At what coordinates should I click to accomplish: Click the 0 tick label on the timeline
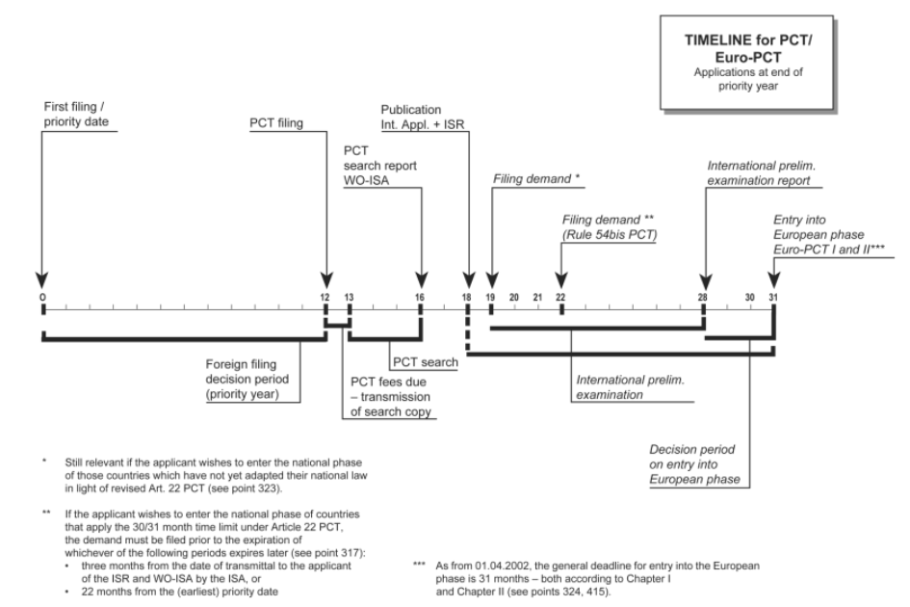click(x=42, y=297)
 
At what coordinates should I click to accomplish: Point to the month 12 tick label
click(x=325, y=297)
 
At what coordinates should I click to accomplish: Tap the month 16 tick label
click(x=420, y=297)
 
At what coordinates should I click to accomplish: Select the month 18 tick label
click(x=467, y=297)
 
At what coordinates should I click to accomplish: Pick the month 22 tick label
click(x=560, y=297)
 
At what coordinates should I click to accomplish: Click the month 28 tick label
click(x=702, y=297)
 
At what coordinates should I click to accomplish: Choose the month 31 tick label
click(x=772, y=297)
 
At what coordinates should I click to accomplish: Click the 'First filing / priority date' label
click(x=76, y=115)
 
